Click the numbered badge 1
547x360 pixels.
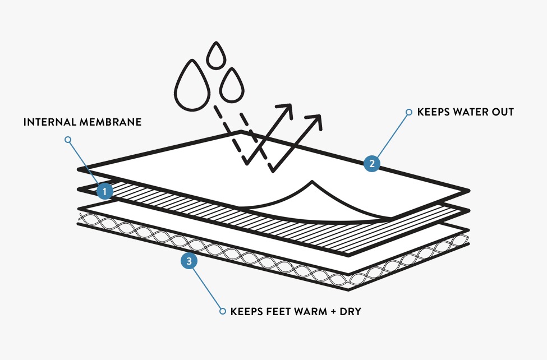104,192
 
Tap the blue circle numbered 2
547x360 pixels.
371,164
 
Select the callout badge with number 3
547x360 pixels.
189,261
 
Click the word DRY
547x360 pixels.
350,311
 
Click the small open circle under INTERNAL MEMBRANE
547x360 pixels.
68,139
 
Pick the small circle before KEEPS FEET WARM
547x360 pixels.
222,311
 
